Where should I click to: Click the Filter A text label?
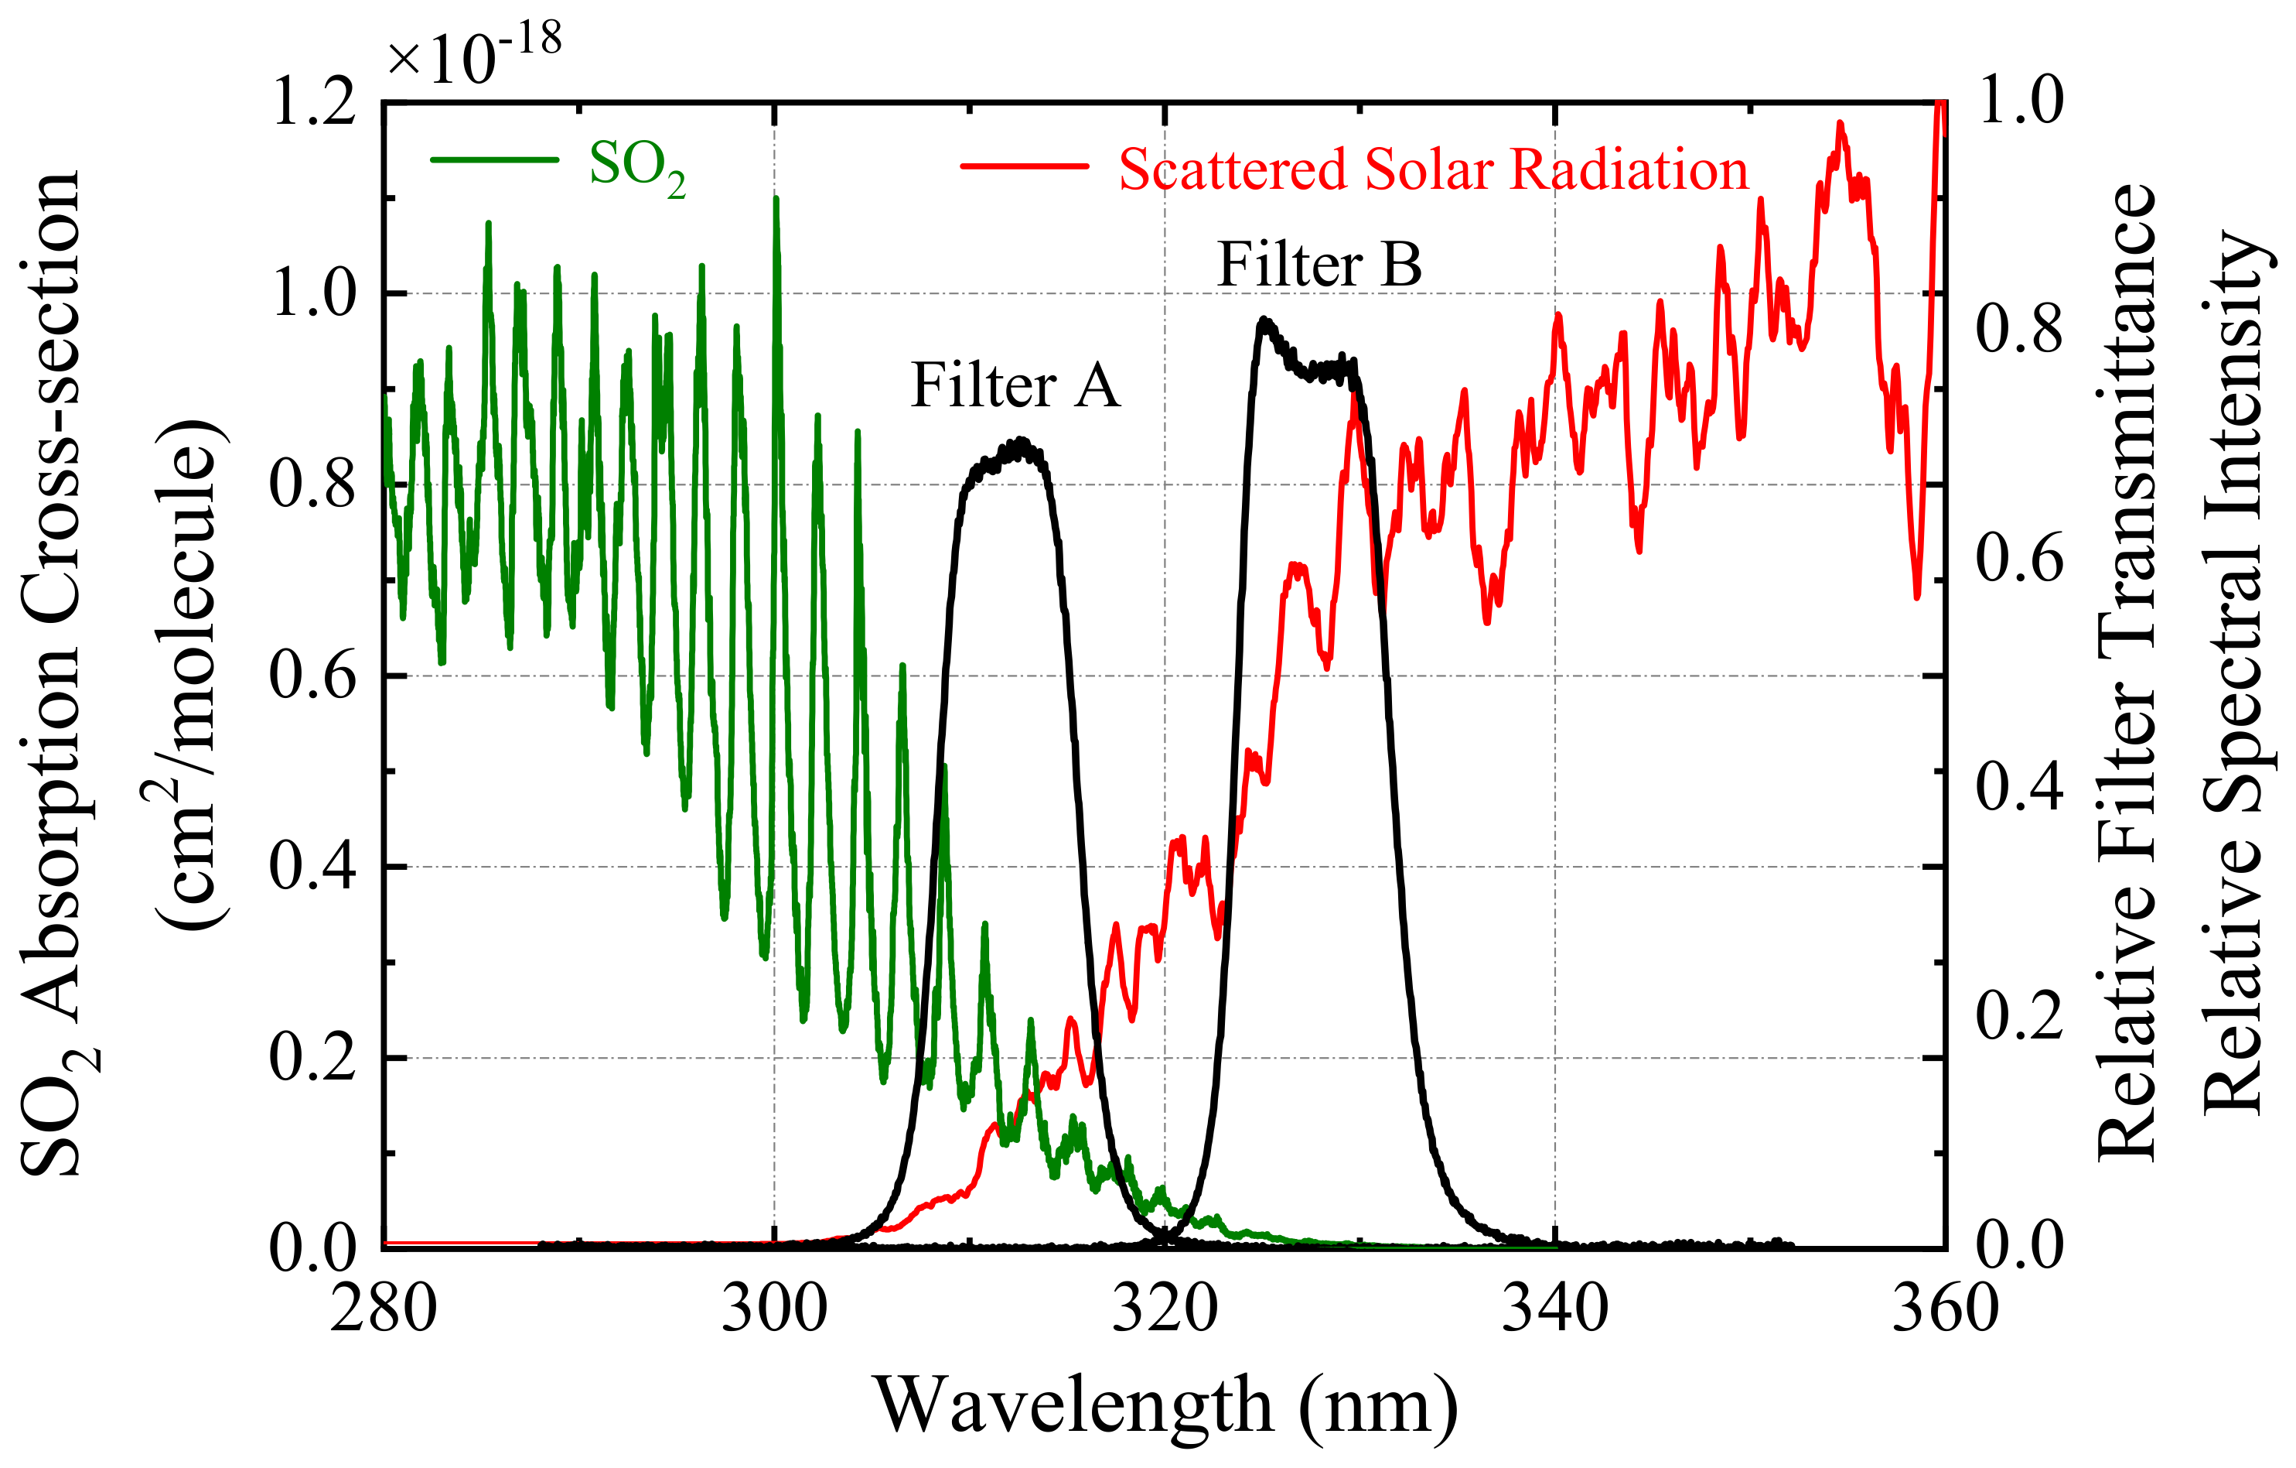[1015, 386]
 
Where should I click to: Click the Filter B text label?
[1319, 265]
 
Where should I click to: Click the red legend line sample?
[1024, 166]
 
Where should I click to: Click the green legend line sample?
[494, 159]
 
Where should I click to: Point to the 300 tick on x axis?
[773, 1309]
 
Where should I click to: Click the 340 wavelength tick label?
[1554, 1309]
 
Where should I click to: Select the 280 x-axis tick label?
[384, 1309]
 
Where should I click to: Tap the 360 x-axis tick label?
[1944, 1309]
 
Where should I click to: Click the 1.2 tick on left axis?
[314, 103]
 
